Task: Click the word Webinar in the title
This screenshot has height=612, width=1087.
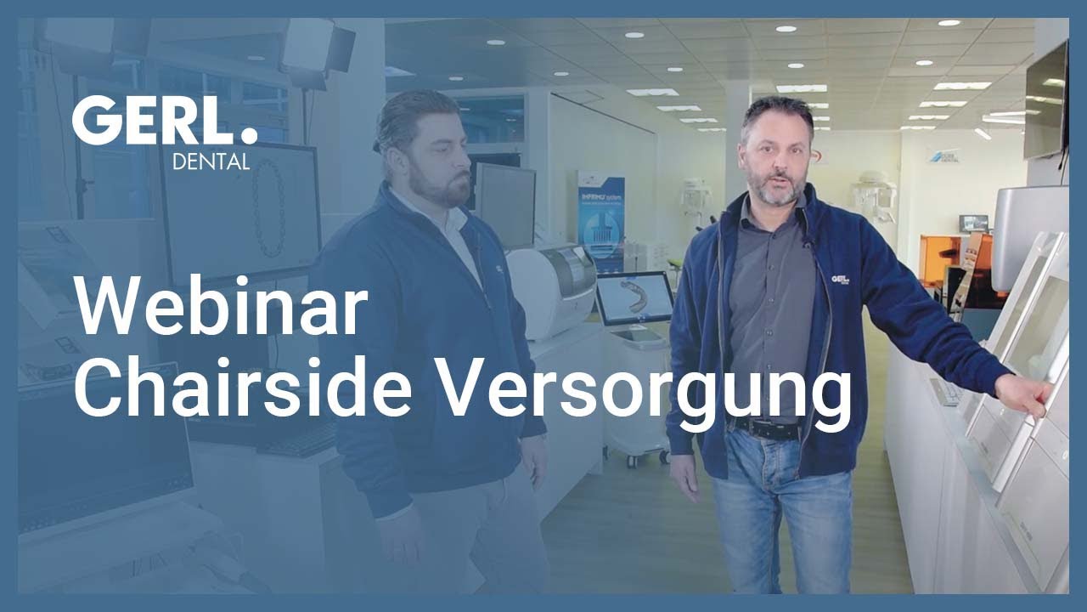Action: (x=222, y=306)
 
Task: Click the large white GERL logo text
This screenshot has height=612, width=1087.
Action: (x=153, y=121)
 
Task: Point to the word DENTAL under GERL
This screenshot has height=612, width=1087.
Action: (x=211, y=161)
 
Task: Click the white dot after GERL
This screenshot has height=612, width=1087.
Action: (x=249, y=135)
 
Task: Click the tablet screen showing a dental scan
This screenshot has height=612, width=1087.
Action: (x=634, y=298)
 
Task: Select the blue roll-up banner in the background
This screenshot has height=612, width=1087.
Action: (x=600, y=221)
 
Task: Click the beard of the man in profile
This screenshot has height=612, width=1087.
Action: (x=438, y=189)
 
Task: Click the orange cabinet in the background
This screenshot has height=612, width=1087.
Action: (x=951, y=272)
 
